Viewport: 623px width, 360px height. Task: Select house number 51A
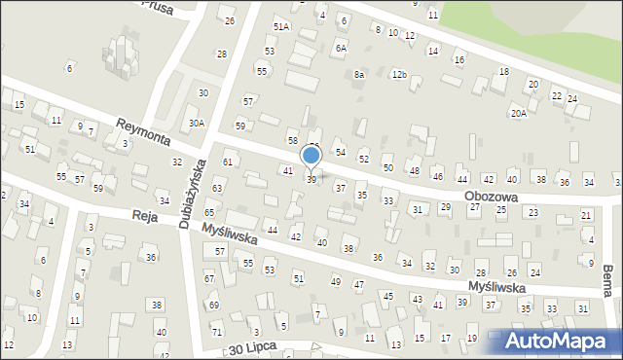click(280, 26)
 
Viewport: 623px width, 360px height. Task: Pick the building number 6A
click(341, 47)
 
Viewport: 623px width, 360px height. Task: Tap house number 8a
click(359, 74)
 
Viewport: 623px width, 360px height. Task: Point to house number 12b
click(399, 74)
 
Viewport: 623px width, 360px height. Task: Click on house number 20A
click(520, 113)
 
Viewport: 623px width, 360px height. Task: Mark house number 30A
click(197, 123)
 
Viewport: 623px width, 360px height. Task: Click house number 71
click(217, 333)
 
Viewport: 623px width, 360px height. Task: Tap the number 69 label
click(214, 306)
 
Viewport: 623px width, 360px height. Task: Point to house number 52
click(363, 158)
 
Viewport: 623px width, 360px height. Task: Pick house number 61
click(227, 162)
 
